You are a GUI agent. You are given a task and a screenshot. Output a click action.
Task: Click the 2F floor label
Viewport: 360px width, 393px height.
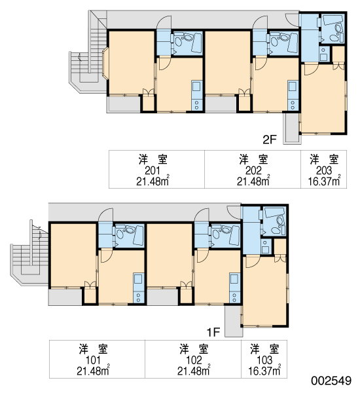[x=269, y=140]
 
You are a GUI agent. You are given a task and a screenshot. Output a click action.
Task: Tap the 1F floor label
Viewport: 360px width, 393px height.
[x=213, y=333]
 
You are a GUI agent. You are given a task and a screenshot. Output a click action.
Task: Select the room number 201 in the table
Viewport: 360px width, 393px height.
[x=153, y=171]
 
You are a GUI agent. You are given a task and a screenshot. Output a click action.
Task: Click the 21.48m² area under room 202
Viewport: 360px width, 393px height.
[x=253, y=181]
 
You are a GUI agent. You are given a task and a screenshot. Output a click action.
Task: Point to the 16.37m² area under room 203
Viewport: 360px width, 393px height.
[x=324, y=181]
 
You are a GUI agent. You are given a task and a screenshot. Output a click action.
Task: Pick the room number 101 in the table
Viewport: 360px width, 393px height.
[x=93, y=360]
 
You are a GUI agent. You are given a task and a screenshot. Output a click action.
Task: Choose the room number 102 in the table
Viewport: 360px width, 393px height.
[x=194, y=360]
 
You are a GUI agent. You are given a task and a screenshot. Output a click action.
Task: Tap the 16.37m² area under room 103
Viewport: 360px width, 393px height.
[x=264, y=371]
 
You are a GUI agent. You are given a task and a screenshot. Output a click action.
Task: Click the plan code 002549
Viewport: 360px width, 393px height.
[x=331, y=381]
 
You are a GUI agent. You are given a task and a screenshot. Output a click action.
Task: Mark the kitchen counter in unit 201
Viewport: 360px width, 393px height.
[x=196, y=95]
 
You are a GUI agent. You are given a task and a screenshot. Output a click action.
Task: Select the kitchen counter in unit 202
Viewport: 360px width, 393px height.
[x=293, y=95]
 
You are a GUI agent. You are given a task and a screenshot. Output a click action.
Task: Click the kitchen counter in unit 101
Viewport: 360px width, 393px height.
[x=139, y=288]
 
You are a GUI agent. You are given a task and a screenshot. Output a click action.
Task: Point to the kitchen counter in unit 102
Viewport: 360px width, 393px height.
[x=234, y=288]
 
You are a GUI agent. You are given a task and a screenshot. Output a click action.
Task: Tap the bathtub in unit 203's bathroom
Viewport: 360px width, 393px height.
[x=333, y=20]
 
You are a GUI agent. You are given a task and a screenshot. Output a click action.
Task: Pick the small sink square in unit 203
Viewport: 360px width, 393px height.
[x=323, y=54]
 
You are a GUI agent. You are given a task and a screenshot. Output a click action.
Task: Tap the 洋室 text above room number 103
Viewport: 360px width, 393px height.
[x=264, y=349]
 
